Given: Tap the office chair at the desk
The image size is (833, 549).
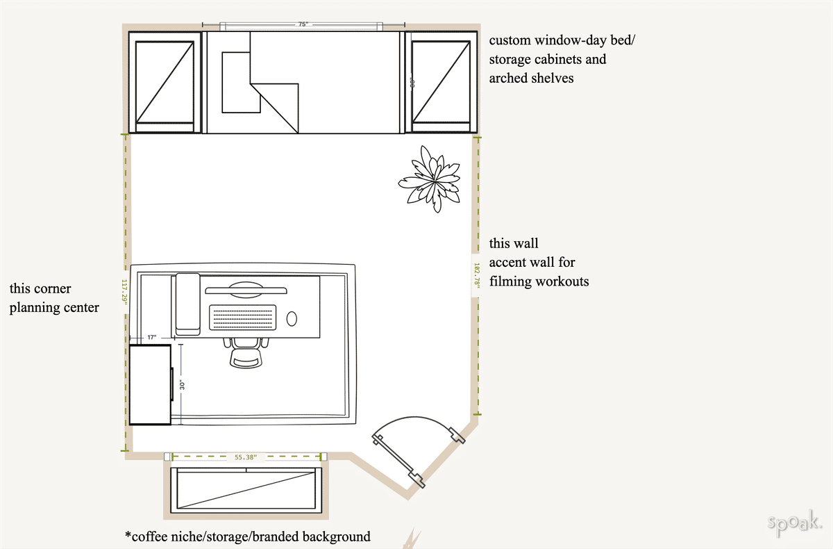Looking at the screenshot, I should pos(246,352).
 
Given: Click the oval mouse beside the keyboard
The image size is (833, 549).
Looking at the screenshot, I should pos(292,319).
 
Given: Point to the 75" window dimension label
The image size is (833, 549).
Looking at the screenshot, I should pos(303,24).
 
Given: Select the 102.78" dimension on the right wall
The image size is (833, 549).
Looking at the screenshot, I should pos(476,275).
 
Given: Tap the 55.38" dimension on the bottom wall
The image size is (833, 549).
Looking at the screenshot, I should pos(246,457).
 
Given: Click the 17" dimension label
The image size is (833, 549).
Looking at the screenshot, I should pos(152,338).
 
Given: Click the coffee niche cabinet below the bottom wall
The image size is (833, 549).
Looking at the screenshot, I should pos(246,490).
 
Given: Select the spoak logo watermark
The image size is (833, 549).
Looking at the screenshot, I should pos(796,523).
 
